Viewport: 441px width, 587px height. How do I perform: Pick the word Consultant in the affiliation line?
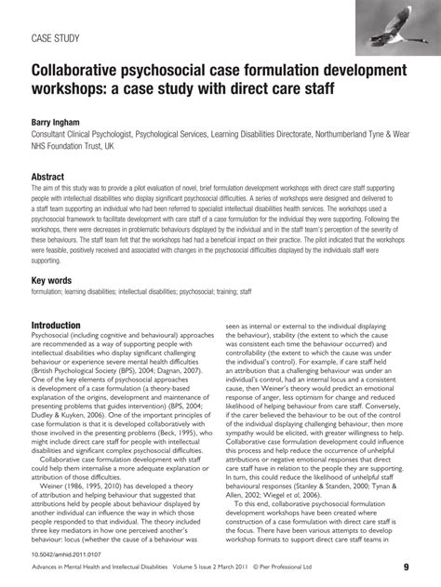click(52, 135)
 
